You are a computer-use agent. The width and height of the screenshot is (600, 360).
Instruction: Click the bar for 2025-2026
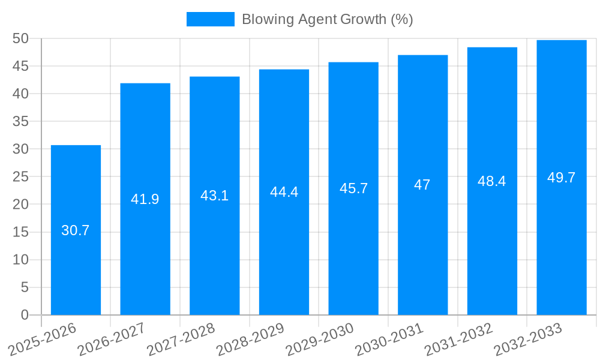pos(76,264)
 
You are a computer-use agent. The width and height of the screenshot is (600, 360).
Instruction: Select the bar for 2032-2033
pos(562,240)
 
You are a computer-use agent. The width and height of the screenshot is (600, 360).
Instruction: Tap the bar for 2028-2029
pos(284,252)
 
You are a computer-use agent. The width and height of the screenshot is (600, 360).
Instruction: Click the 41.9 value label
pos(145,199)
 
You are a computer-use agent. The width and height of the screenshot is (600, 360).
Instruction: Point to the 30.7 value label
pos(76,230)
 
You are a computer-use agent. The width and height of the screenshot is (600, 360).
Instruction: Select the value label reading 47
pos(422,185)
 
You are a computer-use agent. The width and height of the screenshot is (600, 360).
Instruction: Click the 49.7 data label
pos(562,178)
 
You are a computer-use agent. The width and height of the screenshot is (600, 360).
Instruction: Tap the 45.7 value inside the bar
pos(353,188)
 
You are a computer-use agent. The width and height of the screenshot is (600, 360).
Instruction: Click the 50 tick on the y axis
pos(21,38)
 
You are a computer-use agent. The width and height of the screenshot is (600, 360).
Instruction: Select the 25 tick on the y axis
pos(21,177)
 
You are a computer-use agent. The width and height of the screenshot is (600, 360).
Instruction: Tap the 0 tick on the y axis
pos(25,315)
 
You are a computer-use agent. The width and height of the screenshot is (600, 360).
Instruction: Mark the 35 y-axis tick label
pos(21,121)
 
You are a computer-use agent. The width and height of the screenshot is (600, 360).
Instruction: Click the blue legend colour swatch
pos(211,19)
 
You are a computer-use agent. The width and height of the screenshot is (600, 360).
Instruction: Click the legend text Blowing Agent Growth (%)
pos(328,19)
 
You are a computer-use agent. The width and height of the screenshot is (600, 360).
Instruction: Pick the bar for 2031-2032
pos(492,246)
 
